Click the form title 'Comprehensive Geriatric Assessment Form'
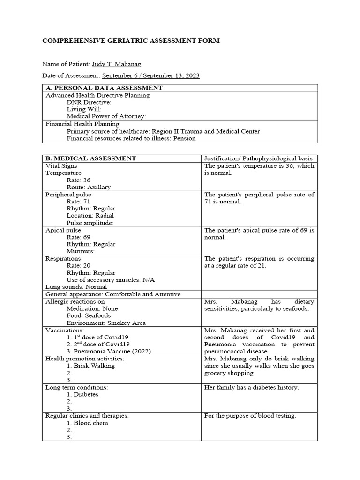pyautogui.click(x=131, y=41)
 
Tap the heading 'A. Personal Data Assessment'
pyautogui.click(x=104, y=88)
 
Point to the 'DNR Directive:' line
pyautogui.click(x=89, y=102)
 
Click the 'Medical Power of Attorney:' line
pyautogui.click(x=106, y=116)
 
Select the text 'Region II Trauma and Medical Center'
pyautogui.click(x=206, y=131)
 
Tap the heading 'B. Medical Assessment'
pyautogui.click(x=90, y=158)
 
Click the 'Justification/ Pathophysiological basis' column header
pyautogui.click(x=259, y=158)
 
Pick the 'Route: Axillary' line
pyautogui.click(x=89, y=187)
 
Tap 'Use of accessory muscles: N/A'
pyautogui.click(x=111, y=280)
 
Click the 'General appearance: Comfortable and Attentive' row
pyautogui.click(x=112, y=294)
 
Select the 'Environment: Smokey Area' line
pyautogui.click(x=106, y=323)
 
